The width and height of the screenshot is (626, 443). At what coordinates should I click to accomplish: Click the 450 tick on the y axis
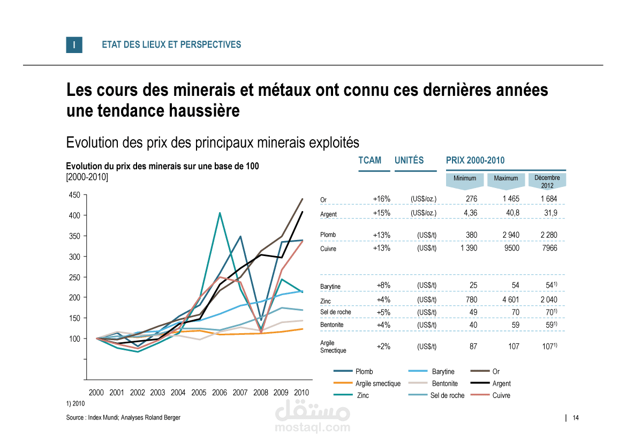74,195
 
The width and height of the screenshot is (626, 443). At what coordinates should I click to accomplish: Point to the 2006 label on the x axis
220,393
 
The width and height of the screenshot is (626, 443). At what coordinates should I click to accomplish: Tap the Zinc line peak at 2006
220,213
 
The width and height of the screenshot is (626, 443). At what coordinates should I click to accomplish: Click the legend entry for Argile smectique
378,384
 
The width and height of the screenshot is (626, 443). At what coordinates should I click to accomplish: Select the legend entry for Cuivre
501,396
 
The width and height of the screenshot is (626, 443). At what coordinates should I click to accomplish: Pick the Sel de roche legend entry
447,396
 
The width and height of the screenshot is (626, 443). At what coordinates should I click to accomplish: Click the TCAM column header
370,160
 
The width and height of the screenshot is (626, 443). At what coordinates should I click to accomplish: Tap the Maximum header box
506,179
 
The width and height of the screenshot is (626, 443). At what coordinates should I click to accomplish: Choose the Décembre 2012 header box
547,181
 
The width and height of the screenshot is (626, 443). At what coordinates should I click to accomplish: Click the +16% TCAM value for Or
382,199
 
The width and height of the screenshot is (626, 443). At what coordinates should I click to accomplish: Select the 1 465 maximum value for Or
511,199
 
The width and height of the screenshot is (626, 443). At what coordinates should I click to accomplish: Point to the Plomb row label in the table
328,235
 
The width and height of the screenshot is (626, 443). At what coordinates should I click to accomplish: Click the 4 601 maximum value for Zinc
511,300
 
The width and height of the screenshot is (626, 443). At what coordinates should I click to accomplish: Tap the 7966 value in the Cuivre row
549,249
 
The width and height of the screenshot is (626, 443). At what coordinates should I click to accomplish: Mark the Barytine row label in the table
330,287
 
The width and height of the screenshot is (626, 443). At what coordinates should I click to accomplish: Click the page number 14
576,418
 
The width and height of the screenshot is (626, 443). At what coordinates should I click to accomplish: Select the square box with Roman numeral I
74,45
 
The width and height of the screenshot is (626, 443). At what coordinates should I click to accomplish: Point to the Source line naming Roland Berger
123,418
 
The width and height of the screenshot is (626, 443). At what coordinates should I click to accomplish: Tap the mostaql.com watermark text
312,428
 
